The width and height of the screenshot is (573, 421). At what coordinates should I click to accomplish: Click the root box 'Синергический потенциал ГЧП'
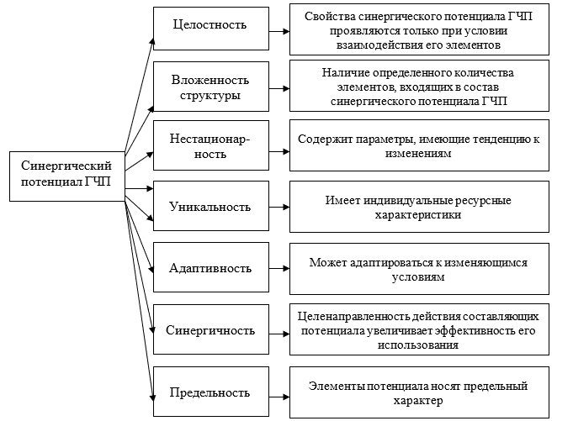[x=66, y=176]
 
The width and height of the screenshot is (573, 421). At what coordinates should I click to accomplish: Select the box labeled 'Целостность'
[x=210, y=24]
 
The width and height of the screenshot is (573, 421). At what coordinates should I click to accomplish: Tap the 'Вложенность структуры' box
[x=210, y=87]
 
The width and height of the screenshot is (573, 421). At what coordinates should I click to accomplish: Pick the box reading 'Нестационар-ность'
[x=210, y=147]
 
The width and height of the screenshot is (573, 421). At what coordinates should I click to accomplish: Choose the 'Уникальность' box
[x=210, y=208]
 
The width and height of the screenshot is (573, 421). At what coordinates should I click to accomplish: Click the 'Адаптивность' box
[x=210, y=268]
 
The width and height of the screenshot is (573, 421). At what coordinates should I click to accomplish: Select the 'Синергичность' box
[x=210, y=330]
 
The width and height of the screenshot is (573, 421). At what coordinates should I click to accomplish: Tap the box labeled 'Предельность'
[x=210, y=392]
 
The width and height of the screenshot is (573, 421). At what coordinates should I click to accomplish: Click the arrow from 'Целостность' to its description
[x=276, y=25]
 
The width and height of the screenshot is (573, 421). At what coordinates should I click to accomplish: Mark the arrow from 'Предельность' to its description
[x=276, y=392]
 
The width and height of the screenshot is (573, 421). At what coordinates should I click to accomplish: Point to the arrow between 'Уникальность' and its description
[x=276, y=208]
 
